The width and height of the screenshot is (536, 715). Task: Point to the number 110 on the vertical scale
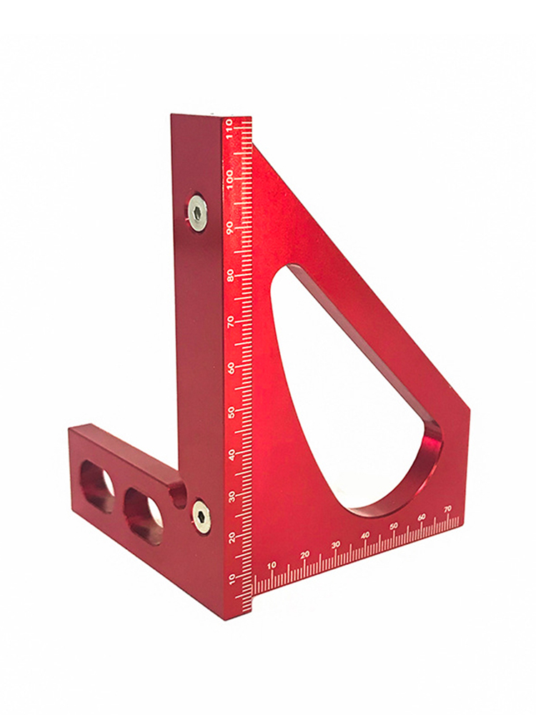tap(229, 128)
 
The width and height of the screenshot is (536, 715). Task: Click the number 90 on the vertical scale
tap(231, 227)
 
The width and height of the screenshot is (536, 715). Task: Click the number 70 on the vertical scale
tap(232, 322)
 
